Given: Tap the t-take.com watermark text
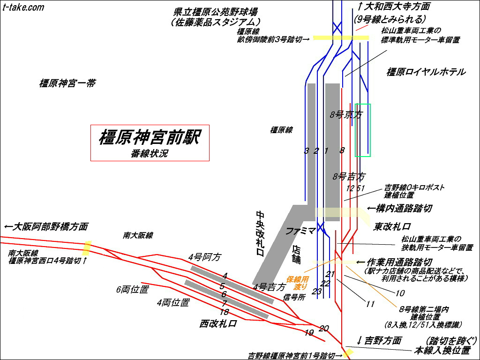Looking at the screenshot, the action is point(23,7).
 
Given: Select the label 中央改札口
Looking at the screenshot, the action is point(261,233).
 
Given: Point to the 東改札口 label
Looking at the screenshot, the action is point(392,226).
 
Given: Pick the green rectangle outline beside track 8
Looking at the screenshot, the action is point(363,130).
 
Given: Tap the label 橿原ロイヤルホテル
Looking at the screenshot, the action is point(426,72).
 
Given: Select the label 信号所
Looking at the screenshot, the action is point(294,297).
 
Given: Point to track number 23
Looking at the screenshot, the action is point(317,292).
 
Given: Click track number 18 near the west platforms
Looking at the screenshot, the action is point(224,312).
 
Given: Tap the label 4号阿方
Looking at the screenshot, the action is point(204,257).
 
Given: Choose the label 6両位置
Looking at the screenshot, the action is point(132,289).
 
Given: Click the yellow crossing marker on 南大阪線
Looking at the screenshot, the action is point(86,248).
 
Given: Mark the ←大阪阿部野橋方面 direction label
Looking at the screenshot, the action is point(45,226).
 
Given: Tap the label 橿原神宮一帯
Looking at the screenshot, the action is point(67,83).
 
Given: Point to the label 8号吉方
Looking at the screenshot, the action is point(349,177).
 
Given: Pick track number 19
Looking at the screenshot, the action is point(308,333).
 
